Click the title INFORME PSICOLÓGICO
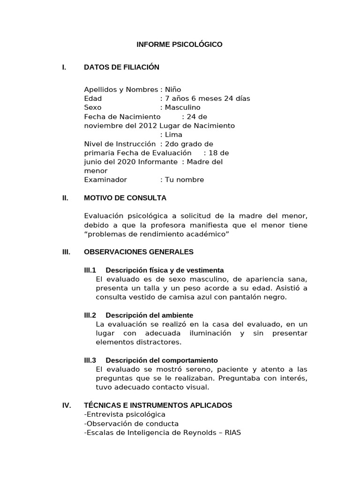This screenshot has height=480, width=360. (180, 45)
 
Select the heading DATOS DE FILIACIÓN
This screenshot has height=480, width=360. (121, 67)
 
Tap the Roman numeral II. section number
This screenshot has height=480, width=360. (65, 198)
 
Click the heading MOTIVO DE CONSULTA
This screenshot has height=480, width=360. (125, 198)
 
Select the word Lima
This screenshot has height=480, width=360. (173, 135)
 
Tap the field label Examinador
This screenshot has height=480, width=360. (105, 180)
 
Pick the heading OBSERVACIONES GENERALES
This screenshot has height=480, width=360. (139, 252)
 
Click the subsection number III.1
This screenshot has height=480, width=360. (90, 270)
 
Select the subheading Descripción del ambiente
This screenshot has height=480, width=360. (149, 315)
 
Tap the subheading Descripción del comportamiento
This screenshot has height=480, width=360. (162, 360)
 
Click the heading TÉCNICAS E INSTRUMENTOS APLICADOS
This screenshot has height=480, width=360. (158, 405)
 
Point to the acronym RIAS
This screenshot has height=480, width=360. (232, 433)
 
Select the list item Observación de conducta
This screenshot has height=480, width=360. (129, 423)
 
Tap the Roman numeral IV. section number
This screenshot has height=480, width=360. (67, 405)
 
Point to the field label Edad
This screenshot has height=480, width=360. (93, 98)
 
